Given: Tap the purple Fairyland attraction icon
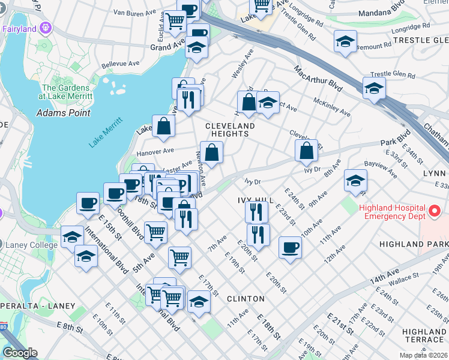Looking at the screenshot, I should click(46, 28).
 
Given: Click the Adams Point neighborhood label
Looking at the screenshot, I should click(63, 112).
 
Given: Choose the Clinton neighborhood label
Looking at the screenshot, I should click(246, 298).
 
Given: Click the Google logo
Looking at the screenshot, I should click(20, 353).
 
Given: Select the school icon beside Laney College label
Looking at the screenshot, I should click(72, 236).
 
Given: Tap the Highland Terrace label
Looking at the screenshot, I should click(424, 335).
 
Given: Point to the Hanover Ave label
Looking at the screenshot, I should click(155, 151).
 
